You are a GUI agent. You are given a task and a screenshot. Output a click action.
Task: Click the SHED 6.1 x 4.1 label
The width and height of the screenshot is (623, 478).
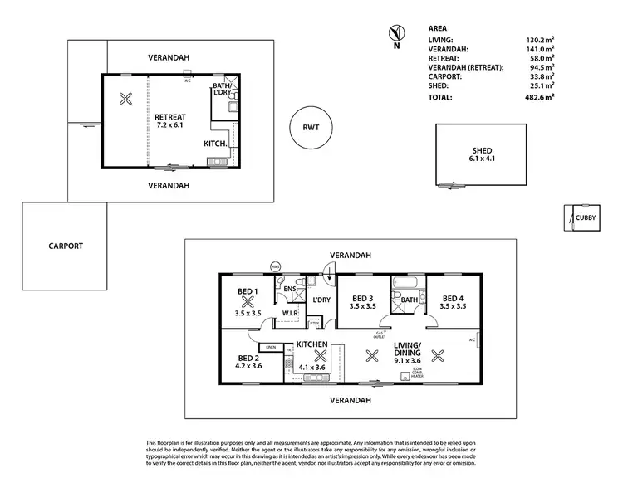tap(482, 154)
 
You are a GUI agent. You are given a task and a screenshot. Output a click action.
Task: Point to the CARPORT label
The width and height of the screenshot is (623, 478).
tap(65, 246)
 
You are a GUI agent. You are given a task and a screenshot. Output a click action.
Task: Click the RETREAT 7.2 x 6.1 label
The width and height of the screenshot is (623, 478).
tap(170, 122)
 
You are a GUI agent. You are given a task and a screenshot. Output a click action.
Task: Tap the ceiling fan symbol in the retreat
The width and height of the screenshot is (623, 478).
tap(125, 100)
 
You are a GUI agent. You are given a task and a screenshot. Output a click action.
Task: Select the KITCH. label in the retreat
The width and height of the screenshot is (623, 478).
tap(217, 144)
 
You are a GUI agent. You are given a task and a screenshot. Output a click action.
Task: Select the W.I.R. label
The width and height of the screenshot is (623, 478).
tap(291, 313)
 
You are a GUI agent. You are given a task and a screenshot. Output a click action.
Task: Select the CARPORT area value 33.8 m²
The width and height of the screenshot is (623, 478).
tap(540, 76)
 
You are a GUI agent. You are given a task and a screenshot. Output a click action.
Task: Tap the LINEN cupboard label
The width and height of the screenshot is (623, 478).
tap(270, 347)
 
